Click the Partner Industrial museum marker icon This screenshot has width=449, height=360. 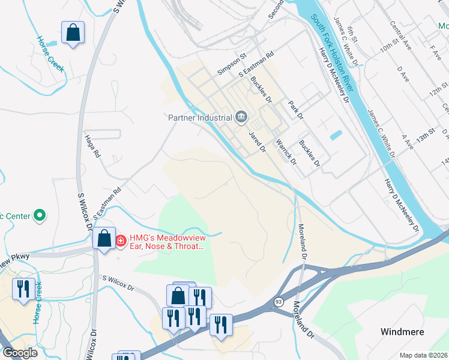(241, 116)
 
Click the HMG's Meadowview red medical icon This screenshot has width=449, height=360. (121, 241)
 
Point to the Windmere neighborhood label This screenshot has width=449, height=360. (403, 332)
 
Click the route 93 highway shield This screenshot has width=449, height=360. (278, 301)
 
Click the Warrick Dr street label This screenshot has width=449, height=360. (286, 152)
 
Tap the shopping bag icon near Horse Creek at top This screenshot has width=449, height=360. (73, 35)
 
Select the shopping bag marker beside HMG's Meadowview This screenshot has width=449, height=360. (104, 239)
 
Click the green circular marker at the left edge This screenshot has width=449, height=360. (40, 215)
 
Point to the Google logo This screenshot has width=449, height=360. (20, 352)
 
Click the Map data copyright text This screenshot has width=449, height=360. (423, 355)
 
